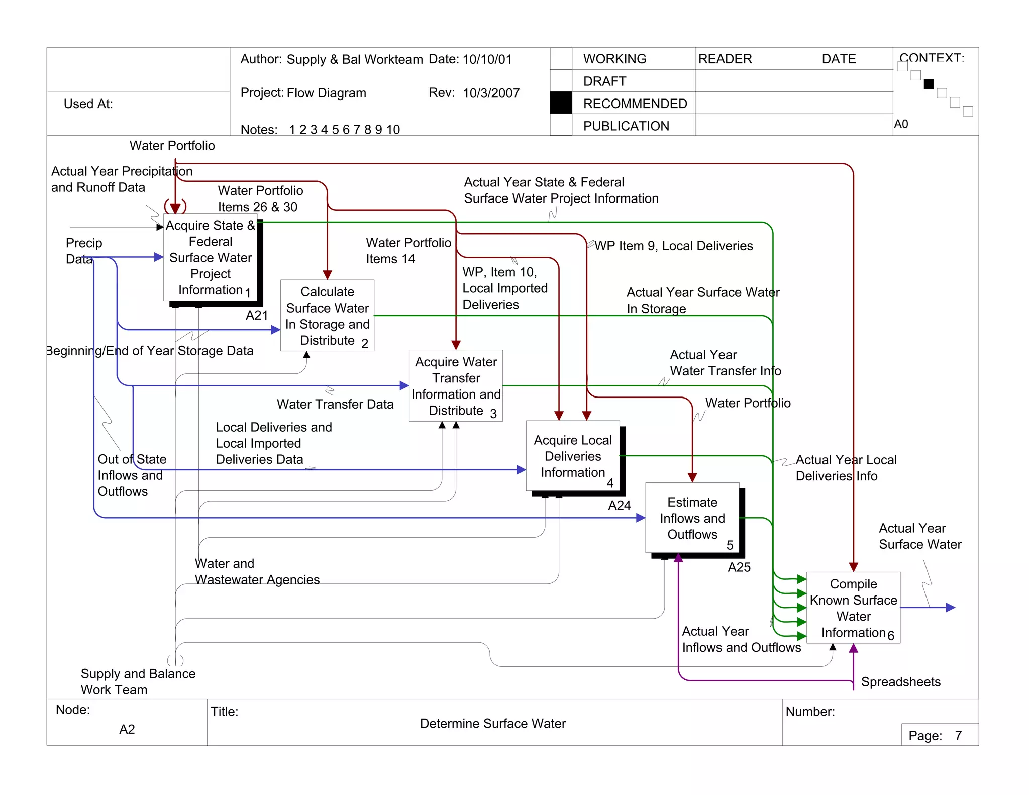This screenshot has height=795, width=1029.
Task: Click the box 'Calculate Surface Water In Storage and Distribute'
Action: [x=327, y=315]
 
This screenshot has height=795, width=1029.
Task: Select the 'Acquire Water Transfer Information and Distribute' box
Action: [x=456, y=385]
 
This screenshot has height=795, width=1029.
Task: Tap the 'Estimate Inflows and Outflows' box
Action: [x=692, y=518]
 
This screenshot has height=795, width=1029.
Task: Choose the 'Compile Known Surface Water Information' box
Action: [x=853, y=608]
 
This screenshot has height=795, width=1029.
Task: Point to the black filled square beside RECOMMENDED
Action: [x=561, y=103]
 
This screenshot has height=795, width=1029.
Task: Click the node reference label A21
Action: [x=257, y=316]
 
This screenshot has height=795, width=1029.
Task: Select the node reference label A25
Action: [x=739, y=567]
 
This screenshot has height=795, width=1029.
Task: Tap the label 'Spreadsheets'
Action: [x=900, y=682]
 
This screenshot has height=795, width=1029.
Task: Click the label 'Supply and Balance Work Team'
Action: [x=138, y=681]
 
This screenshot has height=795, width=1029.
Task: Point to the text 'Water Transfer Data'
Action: [x=335, y=404]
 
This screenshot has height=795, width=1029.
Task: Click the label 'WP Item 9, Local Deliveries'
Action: [x=673, y=246]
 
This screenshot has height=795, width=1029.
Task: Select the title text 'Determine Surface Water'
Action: [x=492, y=723]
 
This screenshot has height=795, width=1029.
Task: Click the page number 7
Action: [x=958, y=736]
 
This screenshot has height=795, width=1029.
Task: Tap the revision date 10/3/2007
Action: [x=491, y=93]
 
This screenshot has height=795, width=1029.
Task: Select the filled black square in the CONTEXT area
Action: [x=929, y=84]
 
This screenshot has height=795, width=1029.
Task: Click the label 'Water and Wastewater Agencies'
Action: [x=257, y=571]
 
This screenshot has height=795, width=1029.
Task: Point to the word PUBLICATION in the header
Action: [x=626, y=126]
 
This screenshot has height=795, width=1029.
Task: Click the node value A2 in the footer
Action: [x=127, y=729]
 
